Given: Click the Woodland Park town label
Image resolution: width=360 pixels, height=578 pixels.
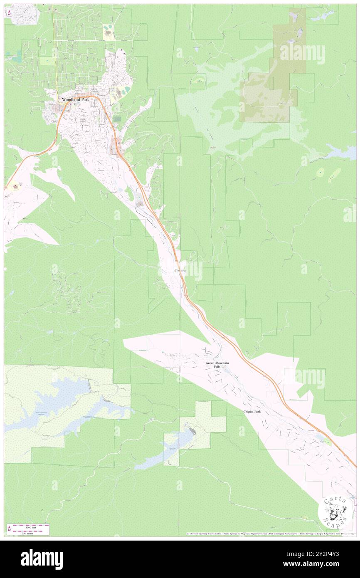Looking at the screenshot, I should point(76,100).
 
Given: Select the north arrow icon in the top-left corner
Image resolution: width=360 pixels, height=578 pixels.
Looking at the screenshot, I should point(9,12).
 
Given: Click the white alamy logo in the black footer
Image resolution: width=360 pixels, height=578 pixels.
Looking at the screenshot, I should point(42,559).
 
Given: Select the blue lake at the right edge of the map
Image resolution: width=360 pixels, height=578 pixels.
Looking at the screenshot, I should point(343,152).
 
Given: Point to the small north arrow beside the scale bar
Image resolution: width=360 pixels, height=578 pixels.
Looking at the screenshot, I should point(9,528).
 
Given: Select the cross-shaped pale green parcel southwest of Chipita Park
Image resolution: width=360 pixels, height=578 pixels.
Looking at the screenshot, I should point(195,432).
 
